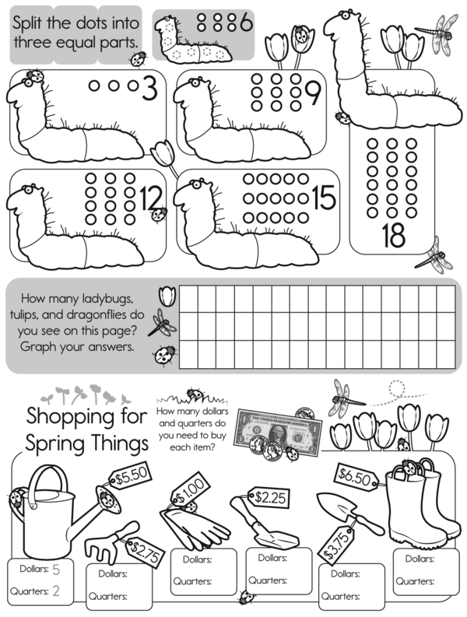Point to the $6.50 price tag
tap(355, 477)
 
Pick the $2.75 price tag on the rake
tap(145, 552)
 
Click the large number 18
tap(393, 235)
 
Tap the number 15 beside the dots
tap(325, 197)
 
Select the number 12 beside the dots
tap(150, 198)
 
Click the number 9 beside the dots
tap(314, 95)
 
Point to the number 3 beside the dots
tap(149, 88)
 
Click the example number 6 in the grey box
tap(247, 23)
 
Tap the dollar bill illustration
tap(279, 433)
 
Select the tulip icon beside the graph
tap(167, 296)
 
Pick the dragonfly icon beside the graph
tap(161, 323)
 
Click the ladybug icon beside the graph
tap(163, 356)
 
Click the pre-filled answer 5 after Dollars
tap(56, 570)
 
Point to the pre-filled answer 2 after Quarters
tap(56, 591)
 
